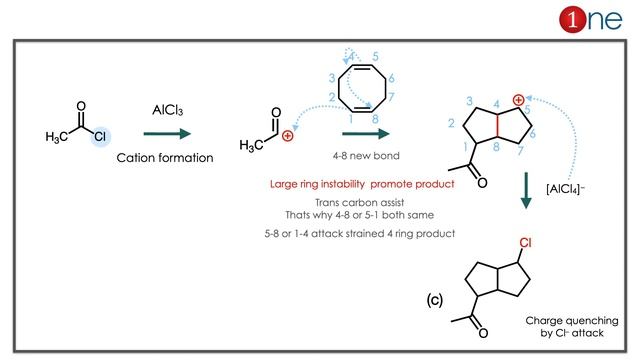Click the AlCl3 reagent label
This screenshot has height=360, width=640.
(167, 110)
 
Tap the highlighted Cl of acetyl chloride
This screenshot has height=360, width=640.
(100, 136)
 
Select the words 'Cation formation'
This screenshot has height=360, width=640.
(165, 158)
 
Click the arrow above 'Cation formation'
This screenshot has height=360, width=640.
(167, 133)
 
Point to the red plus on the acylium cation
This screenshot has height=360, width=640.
(287, 136)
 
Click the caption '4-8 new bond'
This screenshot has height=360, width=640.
(366, 156)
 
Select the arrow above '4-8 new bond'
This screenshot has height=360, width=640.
(366, 133)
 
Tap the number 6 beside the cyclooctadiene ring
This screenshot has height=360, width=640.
(391, 78)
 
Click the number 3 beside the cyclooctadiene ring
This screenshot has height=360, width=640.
(331, 78)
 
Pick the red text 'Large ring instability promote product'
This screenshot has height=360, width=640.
(362, 184)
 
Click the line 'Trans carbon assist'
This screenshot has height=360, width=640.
(360, 202)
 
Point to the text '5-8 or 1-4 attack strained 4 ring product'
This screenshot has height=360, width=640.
(360, 234)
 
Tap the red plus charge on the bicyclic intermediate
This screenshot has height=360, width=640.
(518, 100)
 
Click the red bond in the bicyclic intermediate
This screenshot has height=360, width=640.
(497, 126)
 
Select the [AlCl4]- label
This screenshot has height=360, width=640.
(565, 189)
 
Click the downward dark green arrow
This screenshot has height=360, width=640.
(526, 191)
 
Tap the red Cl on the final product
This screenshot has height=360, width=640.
(525, 243)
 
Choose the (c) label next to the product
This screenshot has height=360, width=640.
(435, 300)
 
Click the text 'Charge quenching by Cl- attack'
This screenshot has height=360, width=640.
(572, 327)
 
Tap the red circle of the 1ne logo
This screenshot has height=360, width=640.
(573, 19)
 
